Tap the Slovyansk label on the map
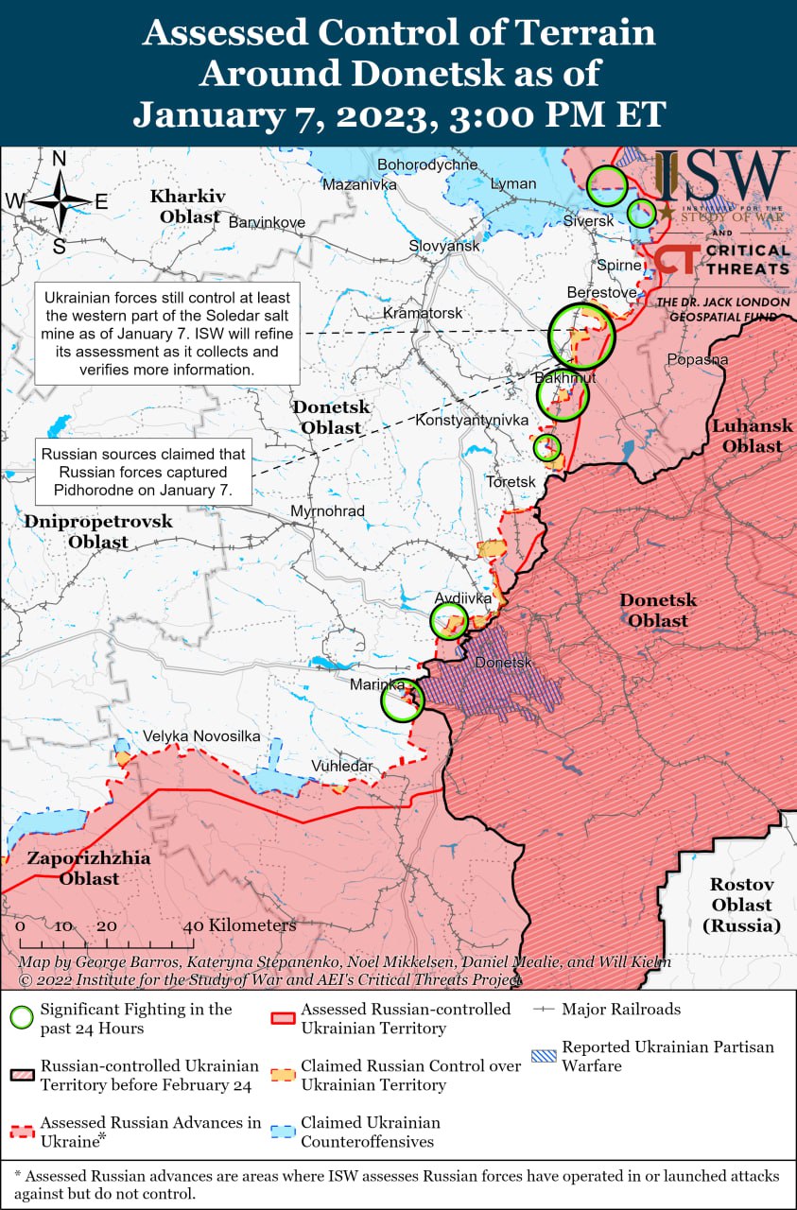[444, 246]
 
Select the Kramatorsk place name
[423, 312]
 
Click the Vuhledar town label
[343, 766]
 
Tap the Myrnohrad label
[327, 511]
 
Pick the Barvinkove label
[268, 222]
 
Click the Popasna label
[698, 359]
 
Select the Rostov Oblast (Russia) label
[742, 905]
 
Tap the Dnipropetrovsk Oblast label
[98, 531]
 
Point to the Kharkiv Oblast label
[188, 206]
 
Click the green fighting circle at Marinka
[403, 701]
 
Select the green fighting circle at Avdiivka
[449, 621]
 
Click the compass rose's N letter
[59, 159]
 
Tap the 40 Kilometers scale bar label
[239, 925]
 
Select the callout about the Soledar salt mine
[167, 333]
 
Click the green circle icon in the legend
[22, 1018]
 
